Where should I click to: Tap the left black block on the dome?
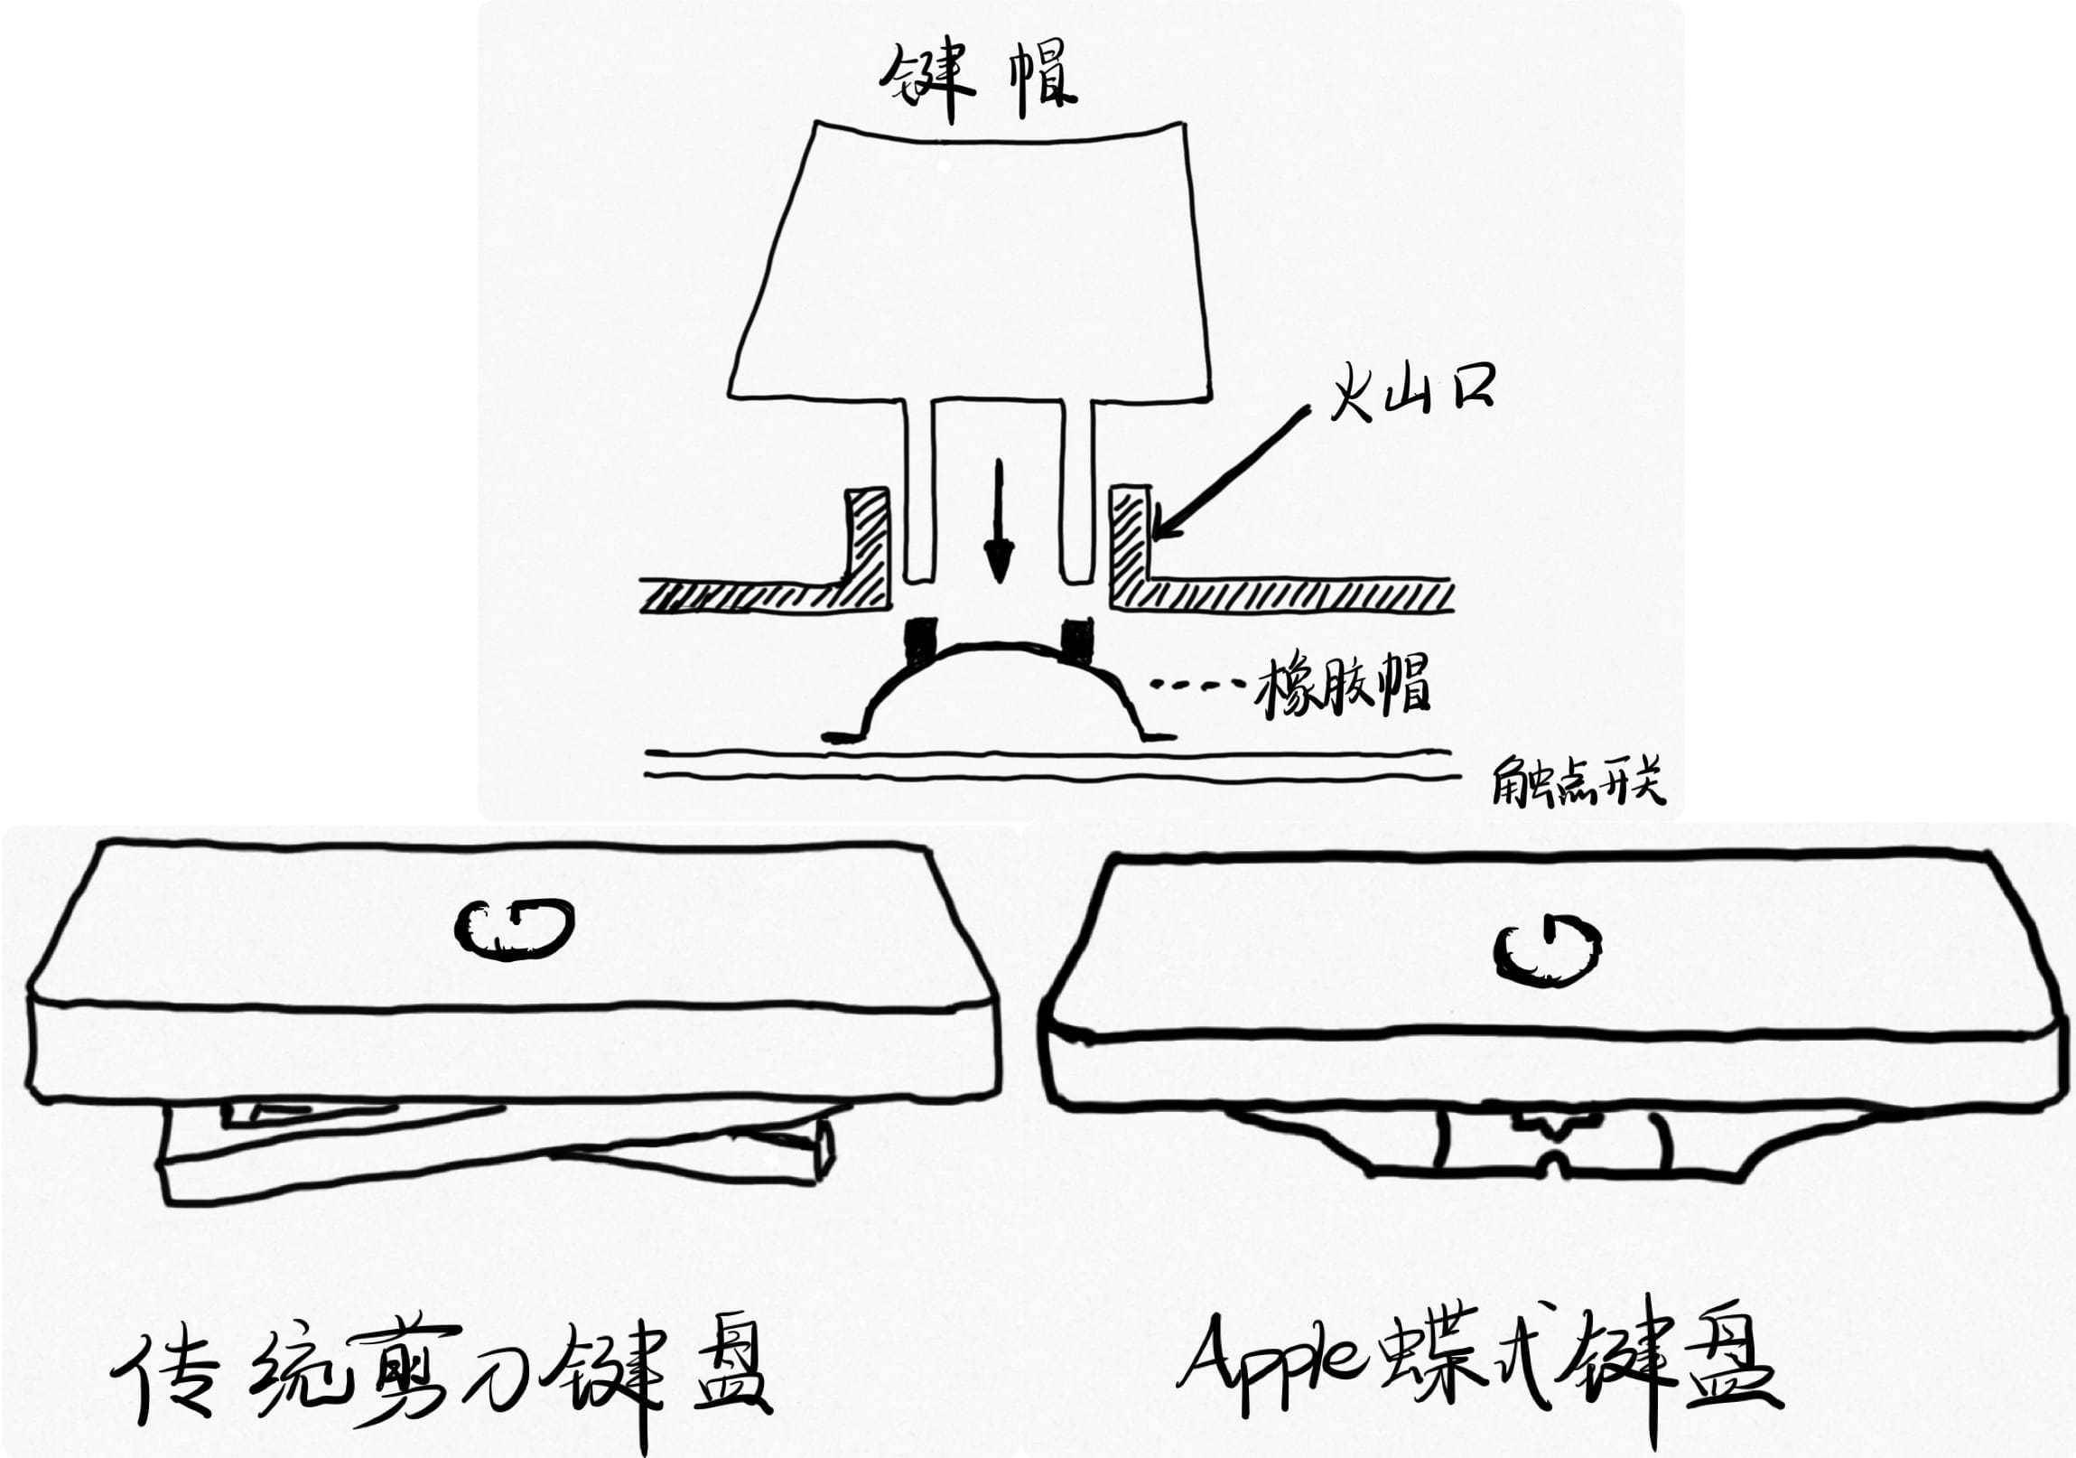click(920, 640)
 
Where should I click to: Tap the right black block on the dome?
click(1077, 640)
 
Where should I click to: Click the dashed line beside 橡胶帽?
click(1199, 688)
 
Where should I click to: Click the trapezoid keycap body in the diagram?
click(971, 271)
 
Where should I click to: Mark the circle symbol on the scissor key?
click(514, 931)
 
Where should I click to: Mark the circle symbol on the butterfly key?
click(1545, 950)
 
